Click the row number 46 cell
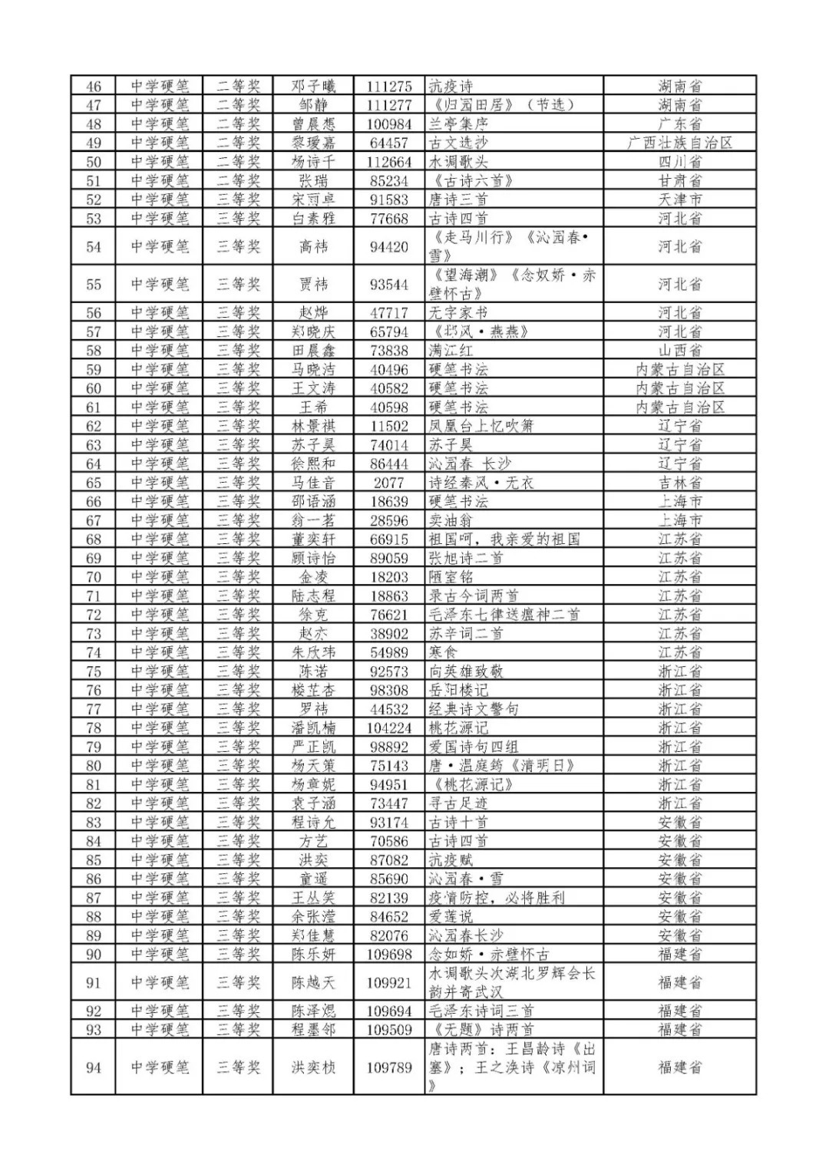tap(94, 86)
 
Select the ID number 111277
tap(389, 105)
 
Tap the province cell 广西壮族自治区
tap(679, 143)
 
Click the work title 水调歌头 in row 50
tap(458, 162)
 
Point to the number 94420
tap(389, 246)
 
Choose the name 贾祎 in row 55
tap(313, 285)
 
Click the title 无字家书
tap(458, 312)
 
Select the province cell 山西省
tap(679, 350)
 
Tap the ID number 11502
tap(389, 426)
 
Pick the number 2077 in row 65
tap(389, 483)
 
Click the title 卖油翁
tap(451, 520)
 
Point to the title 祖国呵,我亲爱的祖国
tap(504, 539)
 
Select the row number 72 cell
tap(94, 615)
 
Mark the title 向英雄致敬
tap(466, 671)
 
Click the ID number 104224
tap(389, 727)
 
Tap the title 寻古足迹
tap(458, 803)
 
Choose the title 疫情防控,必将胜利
tap(497, 897)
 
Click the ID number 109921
tap(389, 982)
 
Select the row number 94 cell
tap(94, 1067)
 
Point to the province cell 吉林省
tap(679, 483)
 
